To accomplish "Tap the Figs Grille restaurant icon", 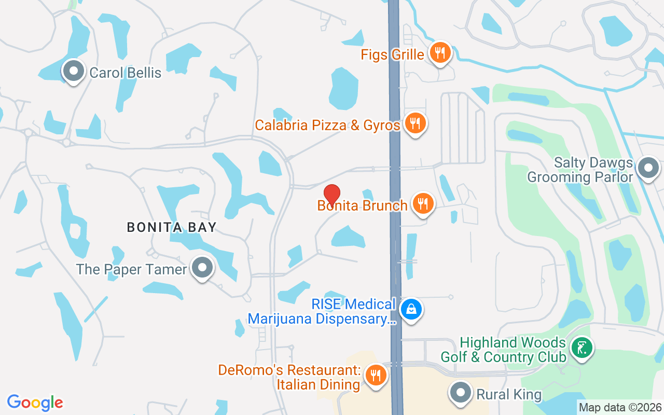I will click(440, 53).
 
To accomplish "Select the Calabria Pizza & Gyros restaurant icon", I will click(414, 123).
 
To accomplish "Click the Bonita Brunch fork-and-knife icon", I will click(423, 204).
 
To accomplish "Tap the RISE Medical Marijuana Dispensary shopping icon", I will click(411, 310).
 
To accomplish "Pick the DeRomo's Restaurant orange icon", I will click(375, 376).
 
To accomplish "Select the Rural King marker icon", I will click(460, 392).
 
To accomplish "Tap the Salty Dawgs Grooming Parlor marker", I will click(647, 168).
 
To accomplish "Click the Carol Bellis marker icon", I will click(74, 71).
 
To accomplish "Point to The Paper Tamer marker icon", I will click(202, 268).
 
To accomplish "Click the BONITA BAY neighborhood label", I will click(172, 227).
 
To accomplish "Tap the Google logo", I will click(35, 403).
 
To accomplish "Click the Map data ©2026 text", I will click(620, 408).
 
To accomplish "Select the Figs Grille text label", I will click(393, 54).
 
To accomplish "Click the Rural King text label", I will click(509, 395).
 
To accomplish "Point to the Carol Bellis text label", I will click(126, 73).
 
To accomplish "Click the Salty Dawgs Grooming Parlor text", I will click(580, 170).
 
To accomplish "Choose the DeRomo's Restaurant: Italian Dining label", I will click(289, 377).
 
